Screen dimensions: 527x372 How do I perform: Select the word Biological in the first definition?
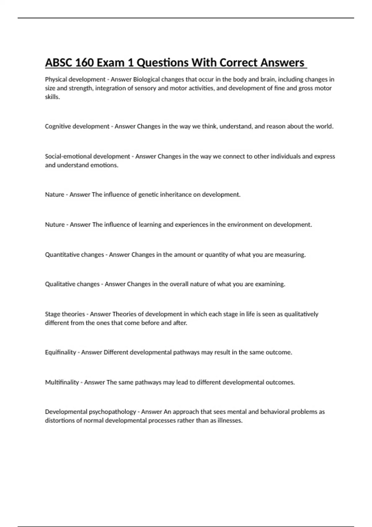[146, 79]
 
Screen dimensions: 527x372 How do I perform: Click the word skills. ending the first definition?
[52, 97]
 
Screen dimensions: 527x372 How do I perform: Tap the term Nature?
[55, 195]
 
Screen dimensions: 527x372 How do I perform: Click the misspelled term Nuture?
[55, 224]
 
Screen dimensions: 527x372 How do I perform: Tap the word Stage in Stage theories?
[52, 314]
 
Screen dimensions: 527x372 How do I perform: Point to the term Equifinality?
[60, 352]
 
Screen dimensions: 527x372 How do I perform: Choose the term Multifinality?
[62, 382]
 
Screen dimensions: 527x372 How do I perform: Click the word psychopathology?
[113, 412]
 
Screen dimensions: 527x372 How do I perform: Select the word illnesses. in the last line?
[230, 421]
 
